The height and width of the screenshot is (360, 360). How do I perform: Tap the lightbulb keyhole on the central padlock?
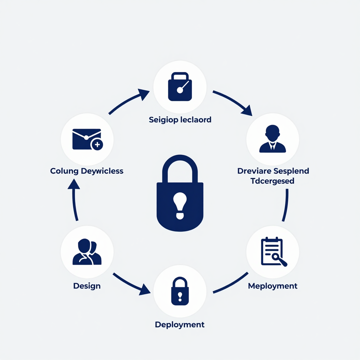coord(180,205)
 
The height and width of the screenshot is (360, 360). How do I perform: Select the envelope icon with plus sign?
coord(88,139)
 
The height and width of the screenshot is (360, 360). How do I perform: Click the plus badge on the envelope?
coord(97,144)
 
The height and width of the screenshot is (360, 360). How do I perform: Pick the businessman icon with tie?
coord(272,139)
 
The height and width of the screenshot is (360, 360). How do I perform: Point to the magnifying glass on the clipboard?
coord(279,260)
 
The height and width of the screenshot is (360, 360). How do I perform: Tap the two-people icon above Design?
coord(87,252)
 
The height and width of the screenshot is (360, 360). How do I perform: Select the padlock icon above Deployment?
coord(180,291)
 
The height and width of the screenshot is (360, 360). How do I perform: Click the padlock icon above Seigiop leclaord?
coord(180,86)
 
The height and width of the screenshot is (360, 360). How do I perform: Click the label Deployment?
coord(180,324)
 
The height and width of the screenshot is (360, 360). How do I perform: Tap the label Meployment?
coord(273,286)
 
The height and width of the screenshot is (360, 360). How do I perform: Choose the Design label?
coord(87,286)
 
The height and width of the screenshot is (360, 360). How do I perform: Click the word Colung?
coord(64,171)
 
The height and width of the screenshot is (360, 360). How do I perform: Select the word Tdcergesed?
coord(272,181)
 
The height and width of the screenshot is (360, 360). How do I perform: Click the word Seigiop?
coord(163,120)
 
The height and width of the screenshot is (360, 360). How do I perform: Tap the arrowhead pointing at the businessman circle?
coord(247,111)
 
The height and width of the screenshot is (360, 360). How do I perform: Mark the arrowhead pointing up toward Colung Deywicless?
coord(74,184)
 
